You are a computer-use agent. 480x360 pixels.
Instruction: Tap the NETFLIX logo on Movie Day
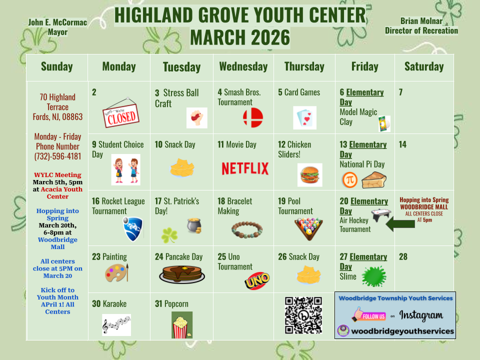point(245,168)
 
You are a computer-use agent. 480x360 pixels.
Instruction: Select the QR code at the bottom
point(303,315)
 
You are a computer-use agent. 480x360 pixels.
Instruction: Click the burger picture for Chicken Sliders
point(309,175)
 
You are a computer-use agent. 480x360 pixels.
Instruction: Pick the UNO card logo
point(257,281)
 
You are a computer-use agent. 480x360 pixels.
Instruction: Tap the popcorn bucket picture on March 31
point(181,325)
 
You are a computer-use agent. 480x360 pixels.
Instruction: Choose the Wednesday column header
point(243,66)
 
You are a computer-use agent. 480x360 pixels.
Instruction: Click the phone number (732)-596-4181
point(58,156)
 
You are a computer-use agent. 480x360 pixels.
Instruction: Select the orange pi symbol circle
point(349,180)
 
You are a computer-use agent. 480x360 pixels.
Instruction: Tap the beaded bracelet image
point(247,229)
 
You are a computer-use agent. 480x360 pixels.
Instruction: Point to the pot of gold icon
point(194,226)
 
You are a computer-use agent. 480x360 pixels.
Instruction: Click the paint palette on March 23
point(116,273)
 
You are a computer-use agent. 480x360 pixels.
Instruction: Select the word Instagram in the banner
point(421,315)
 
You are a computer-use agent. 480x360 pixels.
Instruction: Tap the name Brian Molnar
point(421,21)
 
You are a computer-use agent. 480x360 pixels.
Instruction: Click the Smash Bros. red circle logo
point(252,117)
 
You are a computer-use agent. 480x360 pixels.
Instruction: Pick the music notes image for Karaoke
point(116,325)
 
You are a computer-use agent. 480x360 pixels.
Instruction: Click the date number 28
point(403,257)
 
